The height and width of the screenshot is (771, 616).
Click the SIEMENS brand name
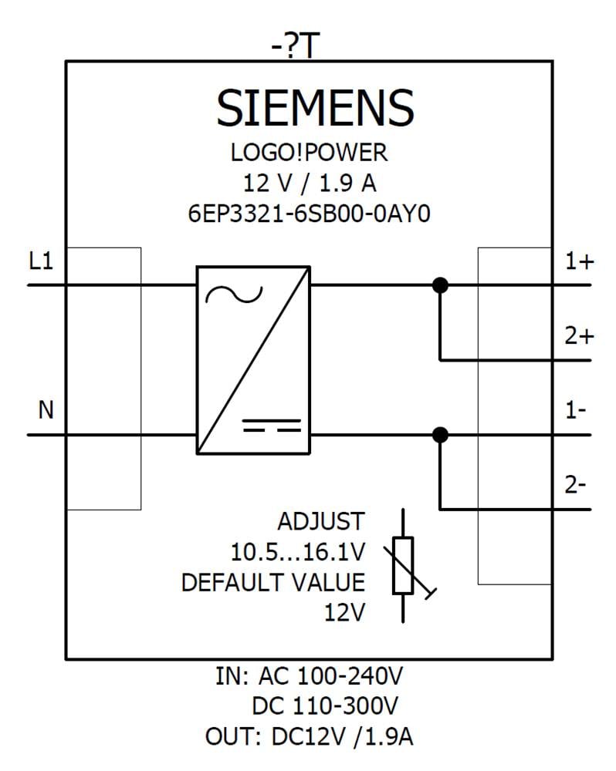point(314,108)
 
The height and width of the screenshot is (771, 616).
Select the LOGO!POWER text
point(309,153)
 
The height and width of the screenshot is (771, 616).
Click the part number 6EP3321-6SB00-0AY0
point(309,214)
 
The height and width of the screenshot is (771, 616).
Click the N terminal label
point(46,410)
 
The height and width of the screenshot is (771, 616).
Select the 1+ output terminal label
point(579,262)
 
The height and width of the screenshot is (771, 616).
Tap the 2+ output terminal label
point(579,336)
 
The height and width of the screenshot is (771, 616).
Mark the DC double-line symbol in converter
point(271,426)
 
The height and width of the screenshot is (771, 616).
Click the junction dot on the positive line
point(440,285)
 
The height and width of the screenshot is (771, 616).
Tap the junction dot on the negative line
point(440,435)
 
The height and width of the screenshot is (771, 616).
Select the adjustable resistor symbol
point(403,565)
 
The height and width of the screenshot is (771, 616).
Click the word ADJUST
point(320,522)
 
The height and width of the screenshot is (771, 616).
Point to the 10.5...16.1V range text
point(297,552)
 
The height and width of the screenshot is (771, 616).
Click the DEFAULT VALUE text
point(272,582)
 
